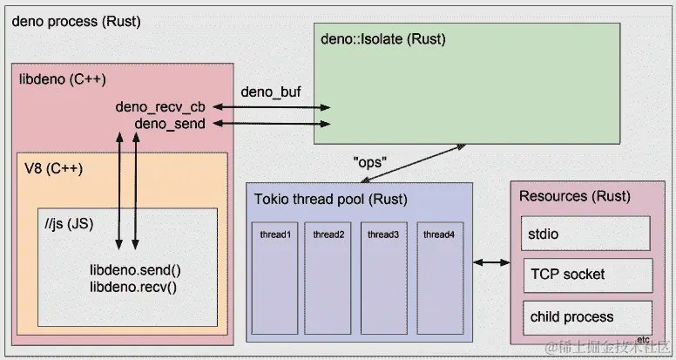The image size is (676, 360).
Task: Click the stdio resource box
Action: [x=587, y=233]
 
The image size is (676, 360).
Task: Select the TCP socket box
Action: [x=587, y=275]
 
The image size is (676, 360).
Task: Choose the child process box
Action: [x=587, y=316]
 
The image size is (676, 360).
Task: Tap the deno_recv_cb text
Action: [x=160, y=107]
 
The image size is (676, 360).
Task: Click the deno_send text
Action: [x=170, y=124]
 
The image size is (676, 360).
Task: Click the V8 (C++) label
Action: [x=53, y=169]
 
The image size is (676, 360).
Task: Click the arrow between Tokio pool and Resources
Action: [x=490, y=262]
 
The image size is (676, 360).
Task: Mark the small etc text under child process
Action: [x=645, y=338]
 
